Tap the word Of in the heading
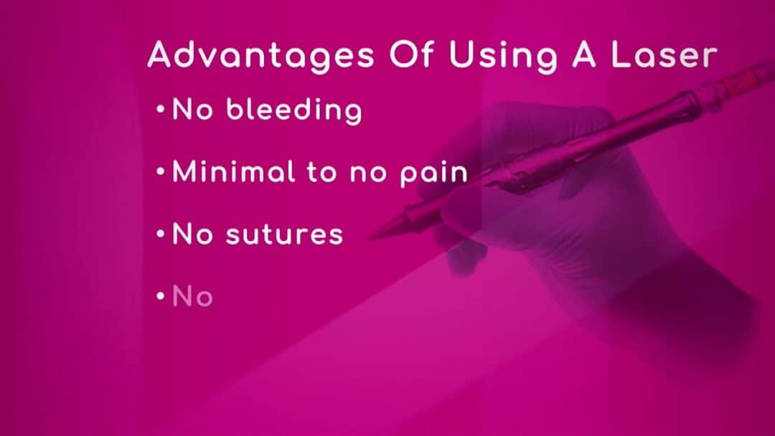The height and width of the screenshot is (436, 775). pos(411,54)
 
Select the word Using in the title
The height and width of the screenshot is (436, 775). pos(503,56)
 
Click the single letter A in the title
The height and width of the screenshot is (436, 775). pos(584,54)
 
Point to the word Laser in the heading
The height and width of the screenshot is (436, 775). pos(664,54)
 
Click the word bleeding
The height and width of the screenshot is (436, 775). pos(294,110)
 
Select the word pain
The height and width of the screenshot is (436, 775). pos(433,174)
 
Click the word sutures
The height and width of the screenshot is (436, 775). pos(284,234)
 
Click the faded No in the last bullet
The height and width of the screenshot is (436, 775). pos(192,297)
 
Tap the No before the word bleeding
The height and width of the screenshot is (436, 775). pos(192,109)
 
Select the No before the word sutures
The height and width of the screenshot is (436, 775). pos(192,234)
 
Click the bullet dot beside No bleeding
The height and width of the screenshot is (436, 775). pos(160,108)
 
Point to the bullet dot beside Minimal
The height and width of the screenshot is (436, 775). pos(160,171)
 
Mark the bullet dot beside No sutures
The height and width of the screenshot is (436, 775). pos(160,234)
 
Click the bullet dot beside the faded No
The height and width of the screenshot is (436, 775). pos(160,296)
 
